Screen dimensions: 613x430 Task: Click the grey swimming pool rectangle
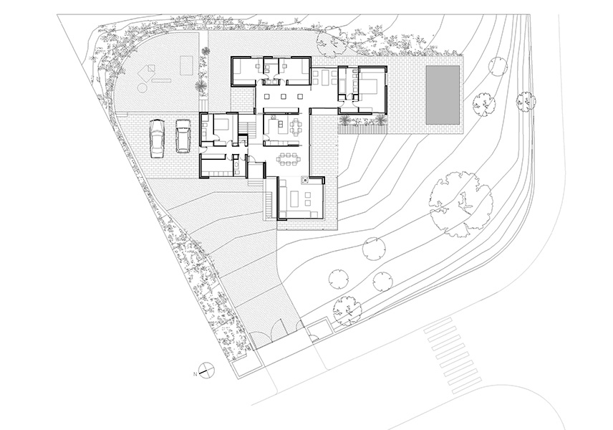(443, 95)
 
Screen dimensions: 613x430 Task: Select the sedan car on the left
(157, 138)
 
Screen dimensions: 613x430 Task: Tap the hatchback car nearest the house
(183, 135)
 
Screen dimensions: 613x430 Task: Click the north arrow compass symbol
(206, 370)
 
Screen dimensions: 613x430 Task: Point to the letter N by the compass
(195, 374)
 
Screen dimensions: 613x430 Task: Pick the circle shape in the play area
(142, 86)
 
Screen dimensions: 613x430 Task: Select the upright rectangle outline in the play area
(186, 64)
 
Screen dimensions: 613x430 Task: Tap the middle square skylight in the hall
(283, 96)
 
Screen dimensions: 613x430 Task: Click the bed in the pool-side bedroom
(368, 88)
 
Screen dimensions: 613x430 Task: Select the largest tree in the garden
(460, 204)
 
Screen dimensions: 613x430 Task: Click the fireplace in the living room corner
(305, 180)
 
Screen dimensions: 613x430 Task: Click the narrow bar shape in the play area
(161, 80)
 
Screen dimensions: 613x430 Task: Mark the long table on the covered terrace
(324, 77)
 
